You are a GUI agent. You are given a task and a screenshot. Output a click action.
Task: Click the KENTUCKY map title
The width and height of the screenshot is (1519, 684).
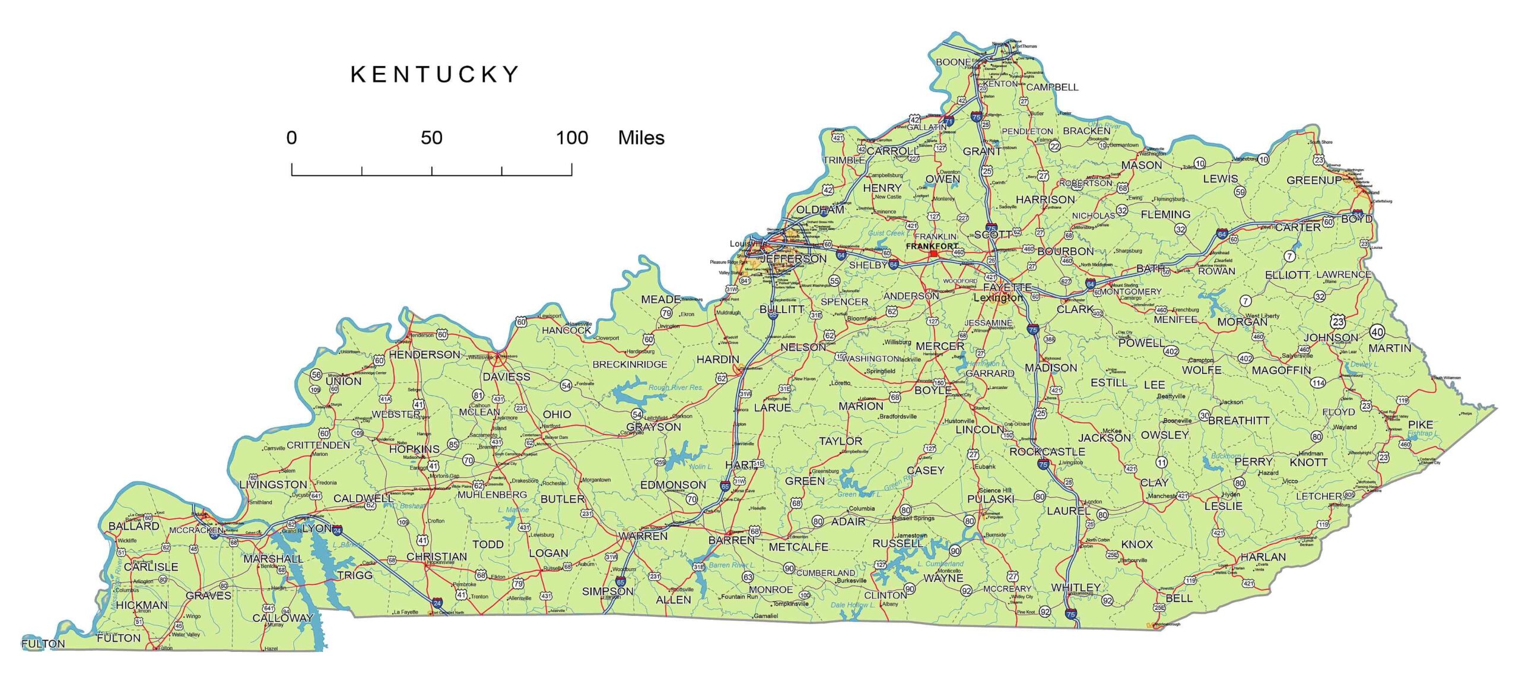(435, 74)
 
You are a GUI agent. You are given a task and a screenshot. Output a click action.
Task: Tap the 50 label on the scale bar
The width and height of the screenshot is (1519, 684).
(431, 138)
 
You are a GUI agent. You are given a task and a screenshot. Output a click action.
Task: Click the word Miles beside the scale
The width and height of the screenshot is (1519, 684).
(641, 138)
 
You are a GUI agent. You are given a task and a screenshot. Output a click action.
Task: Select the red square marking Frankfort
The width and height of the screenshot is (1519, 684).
(933, 254)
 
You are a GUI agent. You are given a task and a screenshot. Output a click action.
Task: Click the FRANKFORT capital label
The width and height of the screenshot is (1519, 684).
(932, 246)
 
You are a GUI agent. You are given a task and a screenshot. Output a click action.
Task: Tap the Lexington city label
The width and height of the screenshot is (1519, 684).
(998, 297)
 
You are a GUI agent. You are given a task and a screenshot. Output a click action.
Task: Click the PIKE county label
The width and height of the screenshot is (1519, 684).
(1421, 424)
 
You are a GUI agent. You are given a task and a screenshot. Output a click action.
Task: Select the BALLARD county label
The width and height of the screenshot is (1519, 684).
(134, 525)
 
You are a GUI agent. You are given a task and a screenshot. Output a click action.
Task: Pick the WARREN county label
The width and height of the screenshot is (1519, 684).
(643, 536)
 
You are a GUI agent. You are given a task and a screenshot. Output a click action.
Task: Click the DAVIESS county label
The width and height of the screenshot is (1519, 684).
(506, 376)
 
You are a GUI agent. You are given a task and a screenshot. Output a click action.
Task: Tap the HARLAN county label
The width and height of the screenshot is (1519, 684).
(1263, 556)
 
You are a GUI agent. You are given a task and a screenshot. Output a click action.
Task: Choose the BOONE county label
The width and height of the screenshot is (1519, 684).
(953, 62)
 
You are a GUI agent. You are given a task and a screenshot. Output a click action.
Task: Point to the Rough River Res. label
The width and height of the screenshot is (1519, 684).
(675, 387)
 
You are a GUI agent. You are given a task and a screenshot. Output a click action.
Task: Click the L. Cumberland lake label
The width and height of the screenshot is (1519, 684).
(940, 563)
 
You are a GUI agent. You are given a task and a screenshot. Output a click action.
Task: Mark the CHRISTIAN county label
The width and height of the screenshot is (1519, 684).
(436, 556)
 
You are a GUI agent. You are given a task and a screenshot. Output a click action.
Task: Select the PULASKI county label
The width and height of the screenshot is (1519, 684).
(990, 499)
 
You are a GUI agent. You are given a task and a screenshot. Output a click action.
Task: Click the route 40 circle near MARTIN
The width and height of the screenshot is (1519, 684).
(1377, 332)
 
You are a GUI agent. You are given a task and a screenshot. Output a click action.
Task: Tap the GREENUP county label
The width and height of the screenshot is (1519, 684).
(1313, 180)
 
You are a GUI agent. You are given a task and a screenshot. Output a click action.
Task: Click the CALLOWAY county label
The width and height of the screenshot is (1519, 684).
(282, 617)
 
